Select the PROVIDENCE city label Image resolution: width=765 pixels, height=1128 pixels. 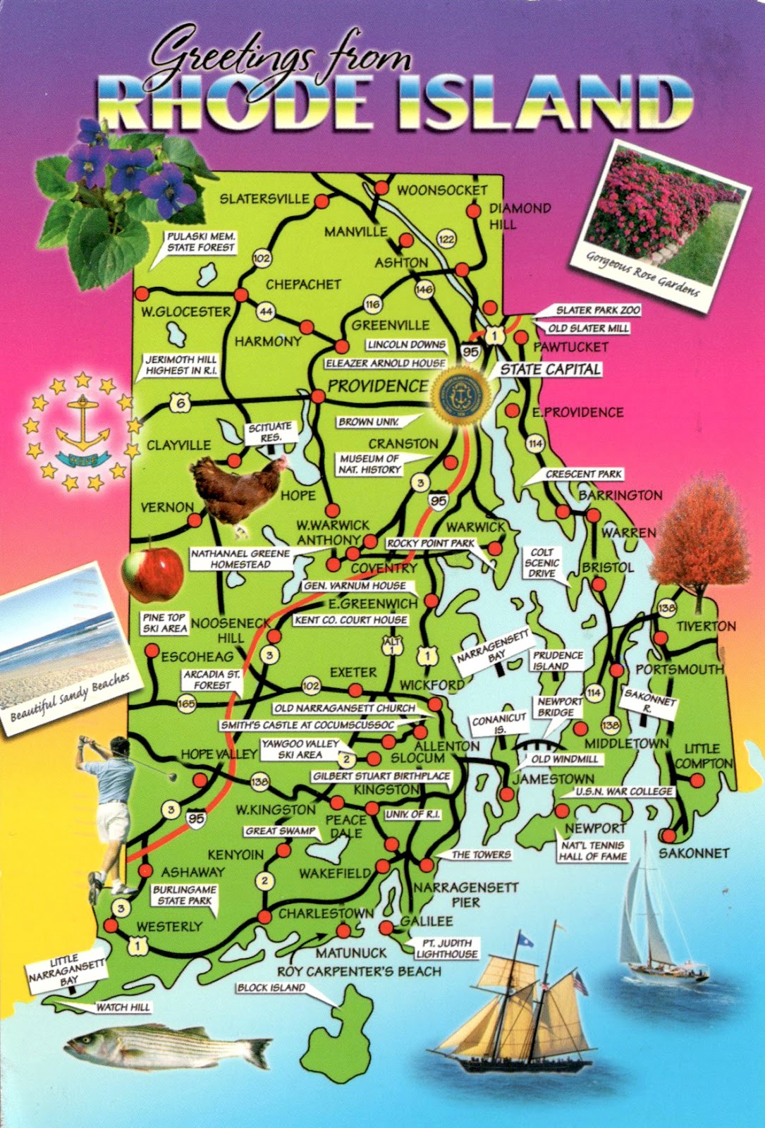(377, 386)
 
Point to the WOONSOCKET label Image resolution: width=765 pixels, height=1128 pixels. (442, 190)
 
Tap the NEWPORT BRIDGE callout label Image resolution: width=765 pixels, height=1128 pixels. (560, 707)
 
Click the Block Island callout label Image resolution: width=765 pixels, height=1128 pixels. (271, 988)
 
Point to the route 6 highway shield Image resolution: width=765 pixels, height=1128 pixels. (181, 404)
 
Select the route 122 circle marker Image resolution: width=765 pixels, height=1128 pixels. (446, 239)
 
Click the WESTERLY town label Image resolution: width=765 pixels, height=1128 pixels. (169, 926)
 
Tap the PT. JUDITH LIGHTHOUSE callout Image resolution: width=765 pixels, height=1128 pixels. (447, 948)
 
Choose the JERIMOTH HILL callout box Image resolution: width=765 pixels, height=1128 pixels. (180, 365)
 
